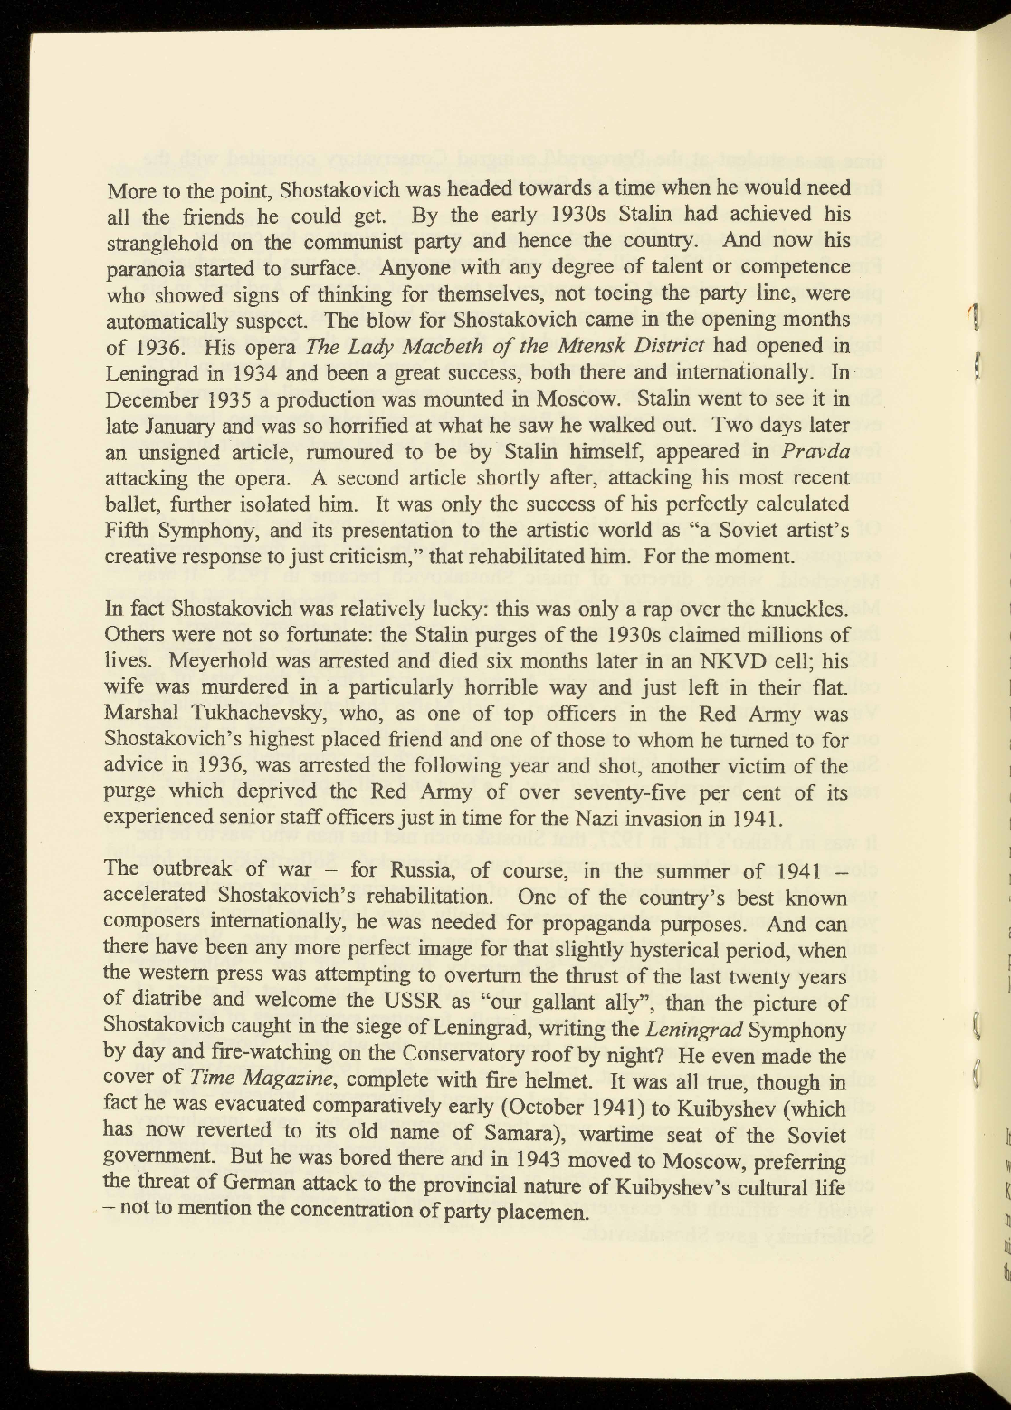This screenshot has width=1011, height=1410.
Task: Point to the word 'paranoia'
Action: [143, 269]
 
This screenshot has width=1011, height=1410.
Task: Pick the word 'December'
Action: [151, 399]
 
